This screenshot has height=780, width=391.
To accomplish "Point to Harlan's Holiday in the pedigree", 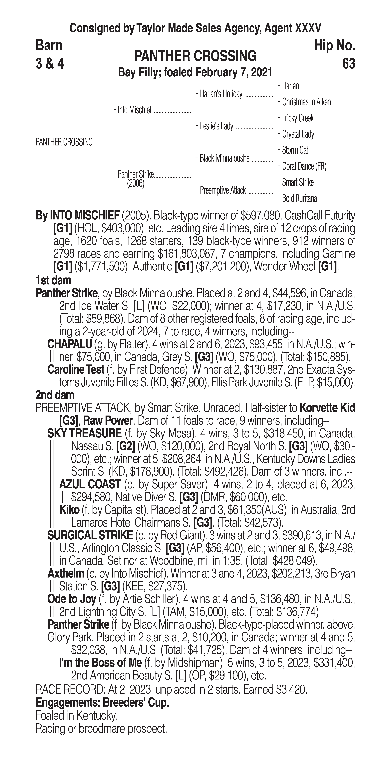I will click(x=221, y=94).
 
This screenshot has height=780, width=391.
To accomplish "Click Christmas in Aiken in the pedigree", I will click(x=306, y=102).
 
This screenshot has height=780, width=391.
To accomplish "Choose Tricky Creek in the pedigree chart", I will click(x=298, y=118).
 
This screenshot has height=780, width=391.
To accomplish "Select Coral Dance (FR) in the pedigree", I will click(x=304, y=166).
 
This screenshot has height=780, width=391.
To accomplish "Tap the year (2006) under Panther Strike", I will click(x=136, y=184).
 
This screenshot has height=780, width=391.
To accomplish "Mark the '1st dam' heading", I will click(x=53, y=280).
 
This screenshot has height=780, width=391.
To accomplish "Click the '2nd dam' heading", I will click(x=55, y=395).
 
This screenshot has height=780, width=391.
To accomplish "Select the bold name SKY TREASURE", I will click(x=84, y=433).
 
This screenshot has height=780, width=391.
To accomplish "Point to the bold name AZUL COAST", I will click(x=90, y=484).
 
